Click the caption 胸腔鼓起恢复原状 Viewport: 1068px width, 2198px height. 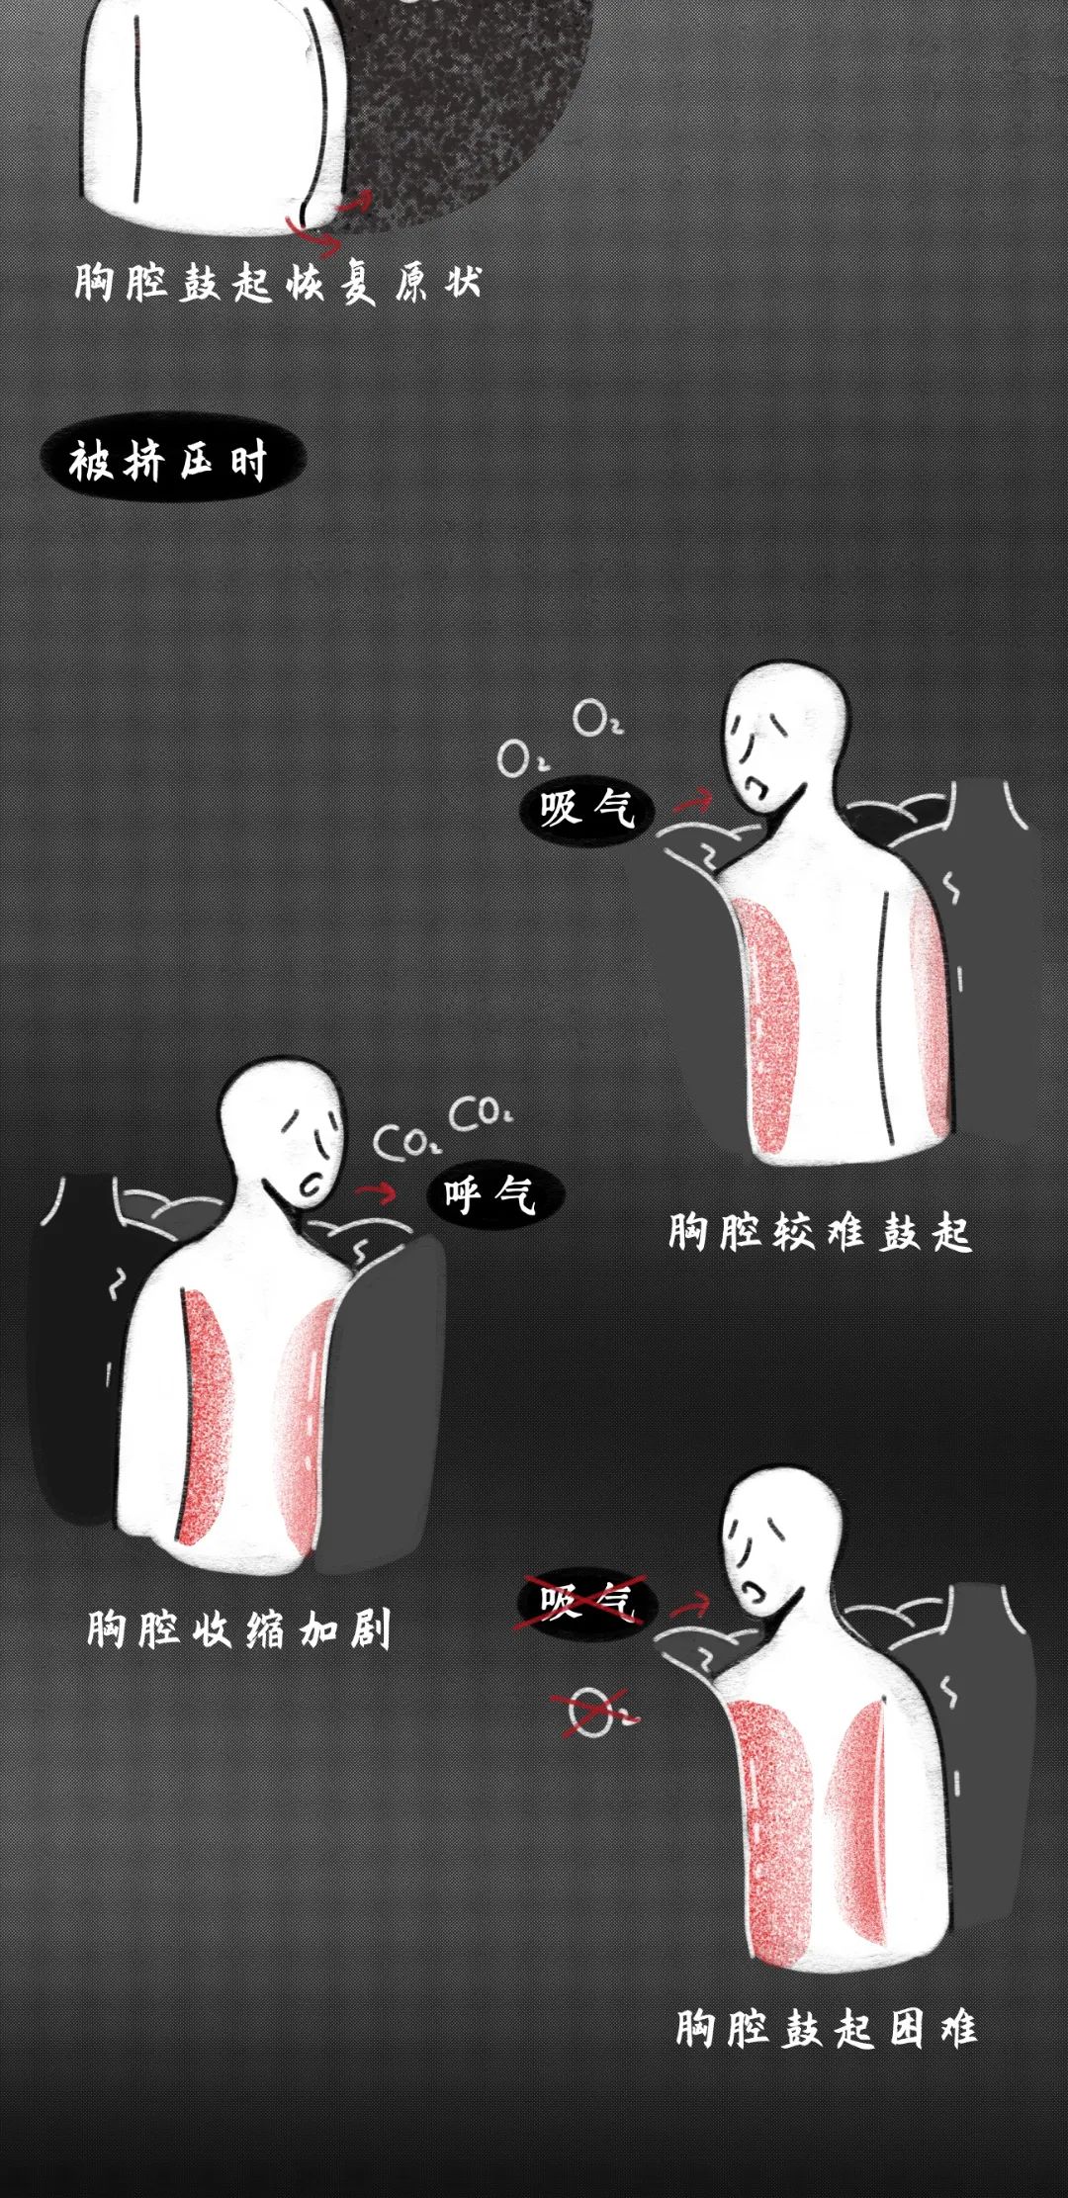point(278,283)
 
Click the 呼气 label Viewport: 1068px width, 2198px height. point(494,1194)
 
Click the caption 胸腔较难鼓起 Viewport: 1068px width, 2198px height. point(820,1232)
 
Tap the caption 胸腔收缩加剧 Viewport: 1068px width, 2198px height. point(238,1628)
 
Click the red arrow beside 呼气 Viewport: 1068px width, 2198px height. point(375,1192)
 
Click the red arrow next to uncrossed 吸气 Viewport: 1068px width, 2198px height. point(693,801)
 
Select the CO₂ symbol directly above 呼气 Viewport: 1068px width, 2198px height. point(481,1114)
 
